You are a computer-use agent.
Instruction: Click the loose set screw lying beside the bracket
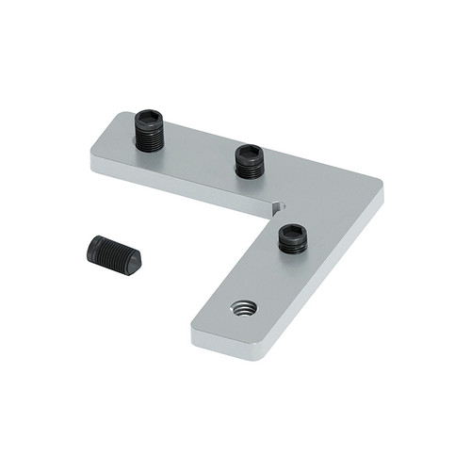coord(114,254)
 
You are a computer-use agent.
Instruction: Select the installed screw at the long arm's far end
coord(149,131)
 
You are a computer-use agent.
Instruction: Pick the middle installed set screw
coord(250,160)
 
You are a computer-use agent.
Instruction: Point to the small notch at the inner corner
coord(274,206)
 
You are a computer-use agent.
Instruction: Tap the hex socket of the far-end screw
coord(149,119)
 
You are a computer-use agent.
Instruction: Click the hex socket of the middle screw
coord(250,151)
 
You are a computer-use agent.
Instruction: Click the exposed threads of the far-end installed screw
coord(149,140)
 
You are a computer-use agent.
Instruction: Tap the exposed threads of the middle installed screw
coord(250,169)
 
